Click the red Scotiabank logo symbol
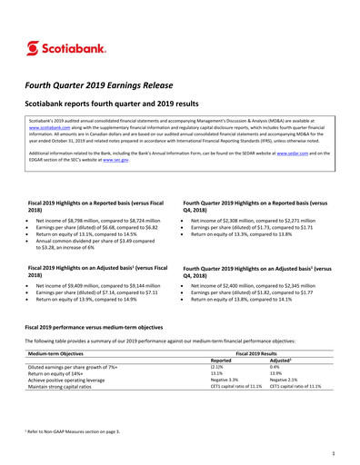click(x=34, y=47)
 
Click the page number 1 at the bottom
click(x=335, y=451)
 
